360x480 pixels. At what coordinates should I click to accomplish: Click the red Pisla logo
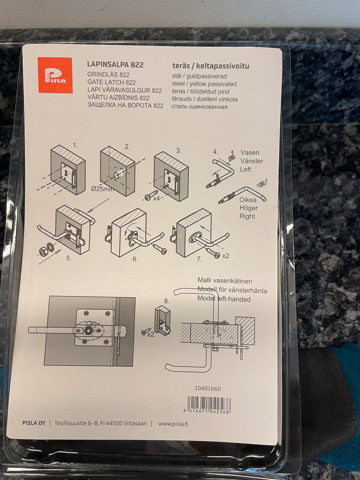[x=55, y=75]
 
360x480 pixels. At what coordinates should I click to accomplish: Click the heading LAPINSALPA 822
[x=115, y=64]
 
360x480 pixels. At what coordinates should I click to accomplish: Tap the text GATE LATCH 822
[x=111, y=82]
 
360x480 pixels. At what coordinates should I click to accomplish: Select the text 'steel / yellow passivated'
[x=204, y=84]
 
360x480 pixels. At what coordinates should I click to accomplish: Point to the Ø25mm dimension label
[x=102, y=189]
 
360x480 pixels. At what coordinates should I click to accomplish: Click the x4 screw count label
[x=156, y=198]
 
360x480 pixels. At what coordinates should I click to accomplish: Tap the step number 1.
[x=75, y=145]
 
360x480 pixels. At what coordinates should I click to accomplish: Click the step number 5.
[x=69, y=258]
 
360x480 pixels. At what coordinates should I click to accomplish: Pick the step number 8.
[x=166, y=301]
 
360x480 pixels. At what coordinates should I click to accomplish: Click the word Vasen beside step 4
[x=250, y=152]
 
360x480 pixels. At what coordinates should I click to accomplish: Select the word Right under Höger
[x=247, y=216]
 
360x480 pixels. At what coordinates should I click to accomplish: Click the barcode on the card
[x=209, y=405]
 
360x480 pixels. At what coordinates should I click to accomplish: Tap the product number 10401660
[x=208, y=388]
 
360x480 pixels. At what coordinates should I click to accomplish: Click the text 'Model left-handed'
[x=224, y=299]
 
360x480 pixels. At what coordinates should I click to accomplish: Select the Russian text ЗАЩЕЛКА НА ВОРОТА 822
[x=126, y=105]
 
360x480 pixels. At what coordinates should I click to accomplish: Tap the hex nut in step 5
[x=42, y=252]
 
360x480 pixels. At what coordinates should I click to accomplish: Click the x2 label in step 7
[x=225, y=256]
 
